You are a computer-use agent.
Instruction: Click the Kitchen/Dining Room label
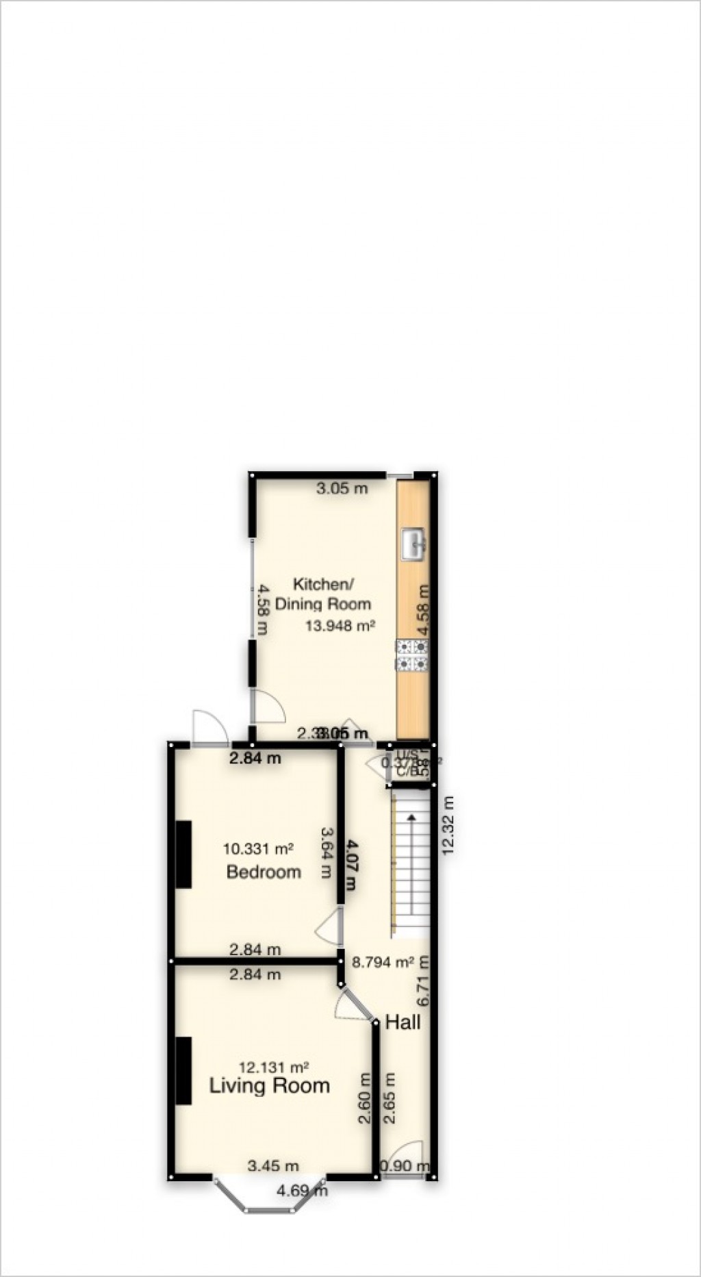click(323, 594)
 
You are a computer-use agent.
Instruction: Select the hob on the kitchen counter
click(412, 655)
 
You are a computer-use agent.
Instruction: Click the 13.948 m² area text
click(340, 625)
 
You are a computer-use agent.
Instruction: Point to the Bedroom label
click(264, 872)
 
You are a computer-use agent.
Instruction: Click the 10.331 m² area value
click(258, 849)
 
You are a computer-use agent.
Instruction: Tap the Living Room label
click(269, 1085)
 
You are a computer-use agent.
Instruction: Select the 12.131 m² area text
click(273, 1067)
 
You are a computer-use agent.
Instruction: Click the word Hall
click(403, 1023)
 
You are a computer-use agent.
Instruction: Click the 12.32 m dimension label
click(449, 825)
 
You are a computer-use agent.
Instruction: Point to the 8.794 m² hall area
click(382, 962)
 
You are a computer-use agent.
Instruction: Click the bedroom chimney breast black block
click(183, 854)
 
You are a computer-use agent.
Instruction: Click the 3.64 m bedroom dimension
click(328, 853)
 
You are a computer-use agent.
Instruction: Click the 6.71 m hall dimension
click(425, 981)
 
